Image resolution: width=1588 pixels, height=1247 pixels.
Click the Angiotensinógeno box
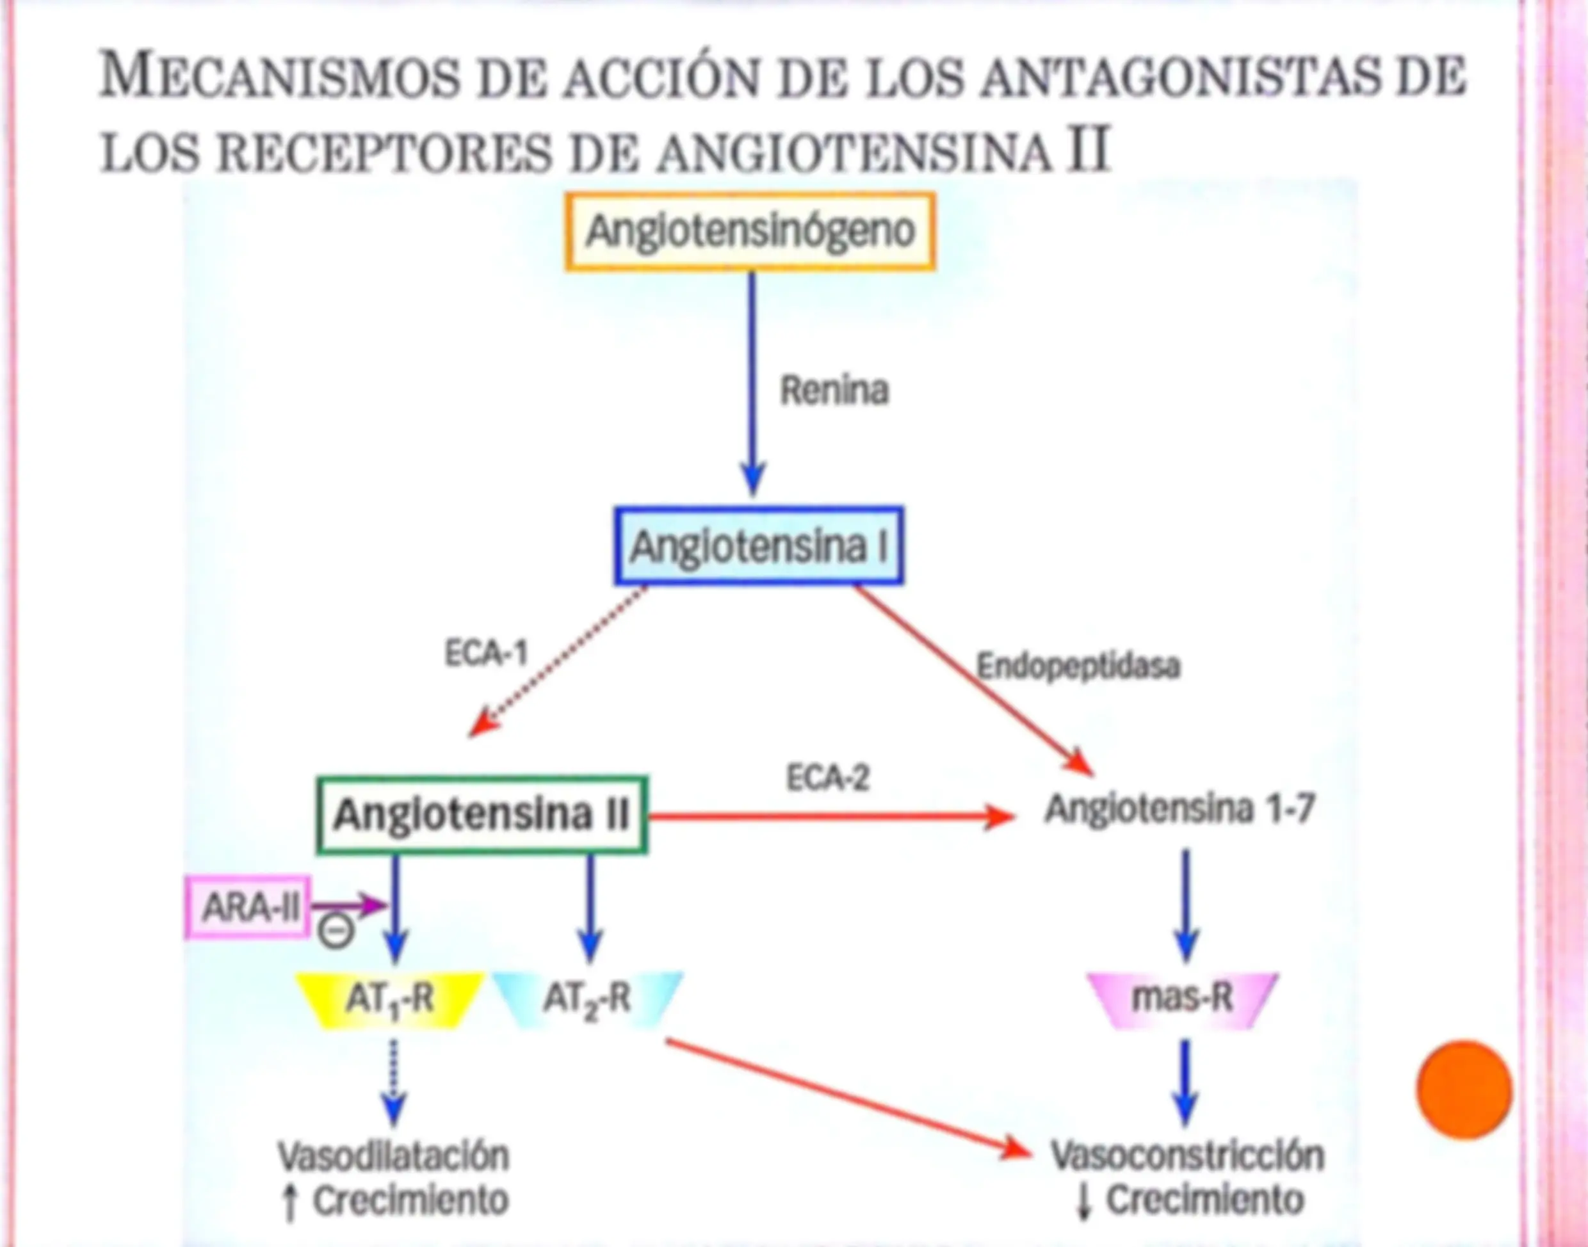point(750,232)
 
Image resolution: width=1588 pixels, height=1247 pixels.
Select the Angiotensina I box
point(759,546)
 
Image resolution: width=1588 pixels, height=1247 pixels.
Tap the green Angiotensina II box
point(482,814)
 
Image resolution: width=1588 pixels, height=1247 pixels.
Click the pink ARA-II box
point(248,907)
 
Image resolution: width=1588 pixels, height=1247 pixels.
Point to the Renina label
point(834,390)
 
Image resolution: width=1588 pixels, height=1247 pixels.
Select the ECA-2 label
point(828,778)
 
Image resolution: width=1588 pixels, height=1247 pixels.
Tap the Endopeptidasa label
point(1078,666)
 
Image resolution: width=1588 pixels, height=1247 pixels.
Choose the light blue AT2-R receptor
point(588,999)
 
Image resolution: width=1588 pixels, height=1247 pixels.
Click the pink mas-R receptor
point(1183,999)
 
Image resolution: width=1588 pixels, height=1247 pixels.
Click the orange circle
point(1464,1090)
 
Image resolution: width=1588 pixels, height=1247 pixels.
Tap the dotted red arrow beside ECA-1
point(557,661)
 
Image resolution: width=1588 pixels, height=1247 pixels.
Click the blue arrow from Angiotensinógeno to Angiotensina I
point(752,384)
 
